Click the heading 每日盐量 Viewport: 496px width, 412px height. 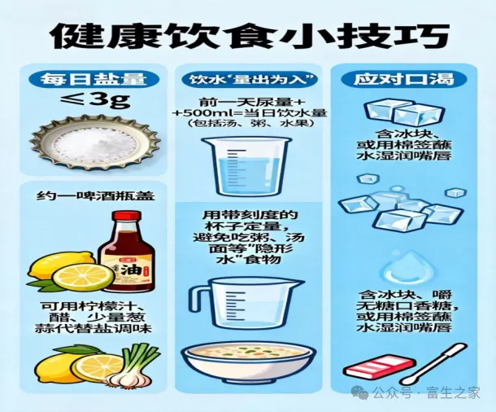tap(94, 79)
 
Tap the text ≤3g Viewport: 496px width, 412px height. tap(95, 101)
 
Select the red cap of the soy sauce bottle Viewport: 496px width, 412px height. tap(127, 217)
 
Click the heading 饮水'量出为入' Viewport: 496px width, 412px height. tap(250, 79)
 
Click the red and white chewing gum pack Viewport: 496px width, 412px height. tap(379, 366)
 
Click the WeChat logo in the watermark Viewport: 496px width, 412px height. tap(360, 392)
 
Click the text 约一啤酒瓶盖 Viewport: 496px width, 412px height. tap(95, 196)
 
